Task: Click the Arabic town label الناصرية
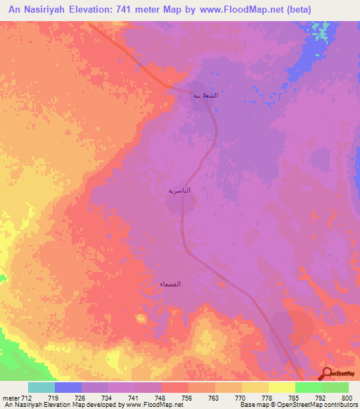179,190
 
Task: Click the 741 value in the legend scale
135,397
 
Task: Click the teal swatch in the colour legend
41,387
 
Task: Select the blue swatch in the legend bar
68,387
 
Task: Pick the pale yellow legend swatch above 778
281,387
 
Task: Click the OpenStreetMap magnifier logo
326,374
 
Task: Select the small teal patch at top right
322,32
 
